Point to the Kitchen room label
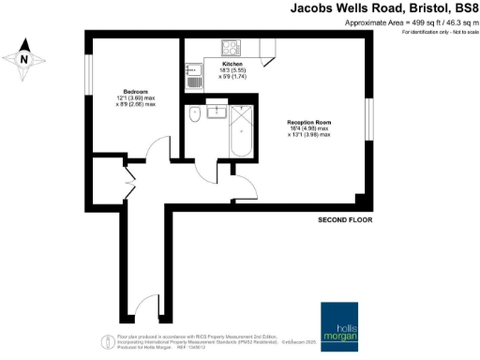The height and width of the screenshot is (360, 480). pos(232,64)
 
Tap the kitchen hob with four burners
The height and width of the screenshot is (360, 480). pos(230,47)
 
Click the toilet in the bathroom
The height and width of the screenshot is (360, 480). pos(193,114)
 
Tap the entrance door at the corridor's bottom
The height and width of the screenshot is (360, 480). pos(144,309)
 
